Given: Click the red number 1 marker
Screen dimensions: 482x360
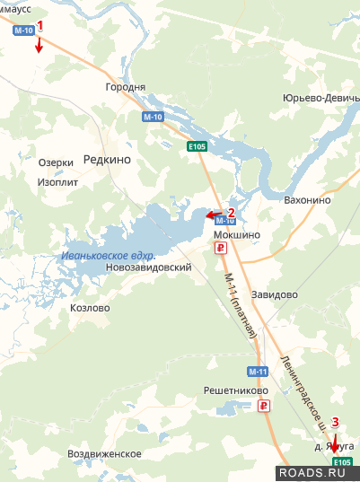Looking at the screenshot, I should click(39, 26).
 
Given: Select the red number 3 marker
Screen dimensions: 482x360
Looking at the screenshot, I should click(336, 421).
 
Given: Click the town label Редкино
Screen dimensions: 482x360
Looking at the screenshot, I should click(107, 159).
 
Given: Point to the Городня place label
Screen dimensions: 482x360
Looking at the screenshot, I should click(126, 87).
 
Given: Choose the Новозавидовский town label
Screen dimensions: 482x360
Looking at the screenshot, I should click(148, 267).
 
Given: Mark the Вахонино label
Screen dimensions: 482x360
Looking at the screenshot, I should click(307, 200).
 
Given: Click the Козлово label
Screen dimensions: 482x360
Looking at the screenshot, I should click(89, 308).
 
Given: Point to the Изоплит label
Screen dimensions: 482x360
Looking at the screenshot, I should click(58, 180).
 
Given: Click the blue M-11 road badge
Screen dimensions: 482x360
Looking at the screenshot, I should click(257, 371).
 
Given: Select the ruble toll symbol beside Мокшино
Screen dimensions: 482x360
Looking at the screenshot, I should click(221, 248).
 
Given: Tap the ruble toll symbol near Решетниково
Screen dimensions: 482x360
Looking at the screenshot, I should click(264, 407).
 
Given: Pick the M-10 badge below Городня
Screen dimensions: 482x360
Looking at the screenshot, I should click(153, 117).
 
